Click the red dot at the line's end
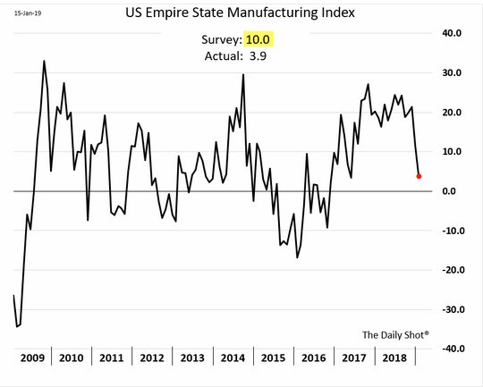[419, 176]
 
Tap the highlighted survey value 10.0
[258, 39]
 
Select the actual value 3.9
[258, 56]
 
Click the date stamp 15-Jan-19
[28, 13]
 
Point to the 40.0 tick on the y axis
[452, 33]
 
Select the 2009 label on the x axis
[32, 358]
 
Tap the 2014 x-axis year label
[233, 358]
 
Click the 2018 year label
[394, 358]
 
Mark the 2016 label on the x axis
[314, 358]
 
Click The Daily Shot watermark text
[395, 334]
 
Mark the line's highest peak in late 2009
[44, 61]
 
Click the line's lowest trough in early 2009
[17, 326]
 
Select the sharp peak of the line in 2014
[243, 74]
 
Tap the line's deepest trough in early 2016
[297, 257]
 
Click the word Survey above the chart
[222, 40]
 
